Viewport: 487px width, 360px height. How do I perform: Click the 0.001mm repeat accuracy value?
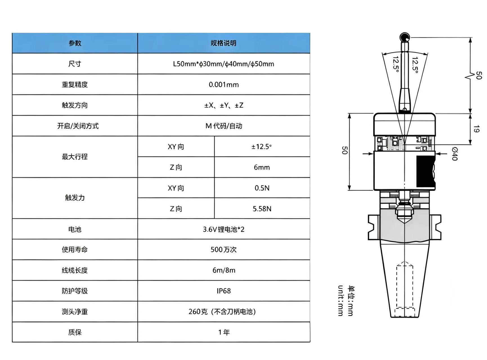coord(224,85)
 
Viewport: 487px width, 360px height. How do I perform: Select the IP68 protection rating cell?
coord(224,291)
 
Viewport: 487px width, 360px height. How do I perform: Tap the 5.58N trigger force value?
coord(262,209)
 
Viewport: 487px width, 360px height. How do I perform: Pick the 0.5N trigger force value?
coord(262,188)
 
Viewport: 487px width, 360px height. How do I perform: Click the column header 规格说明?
coord(224,43)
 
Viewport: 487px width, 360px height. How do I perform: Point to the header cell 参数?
coord(75,43)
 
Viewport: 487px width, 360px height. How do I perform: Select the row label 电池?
coord(75,229)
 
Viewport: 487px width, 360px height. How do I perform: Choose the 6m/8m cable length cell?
coord(224,270)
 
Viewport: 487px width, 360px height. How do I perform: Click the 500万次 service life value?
coord(224,250)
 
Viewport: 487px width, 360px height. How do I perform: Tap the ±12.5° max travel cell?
coord(262,147)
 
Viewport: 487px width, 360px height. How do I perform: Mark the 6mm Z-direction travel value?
coord(262,167)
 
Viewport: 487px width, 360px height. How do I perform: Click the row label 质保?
coord(75,332)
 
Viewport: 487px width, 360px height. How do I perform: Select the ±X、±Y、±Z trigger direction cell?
coord(224,105)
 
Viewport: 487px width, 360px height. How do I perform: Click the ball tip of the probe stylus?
coord(405,37)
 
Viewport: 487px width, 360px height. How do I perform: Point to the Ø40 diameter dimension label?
coord(454,154)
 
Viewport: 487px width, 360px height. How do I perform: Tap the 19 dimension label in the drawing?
coord(476,129)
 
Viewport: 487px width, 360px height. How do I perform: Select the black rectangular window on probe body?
coord(425,171)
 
